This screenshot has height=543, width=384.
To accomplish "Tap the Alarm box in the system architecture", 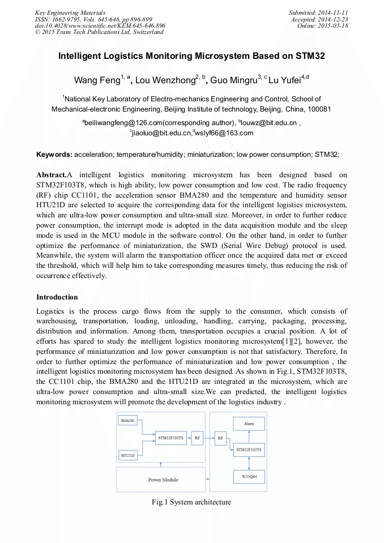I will [x=249, y=424].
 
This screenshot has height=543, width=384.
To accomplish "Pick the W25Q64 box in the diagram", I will [x=249, y=476].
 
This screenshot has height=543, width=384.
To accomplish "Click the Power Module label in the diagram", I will [x=163, y=480].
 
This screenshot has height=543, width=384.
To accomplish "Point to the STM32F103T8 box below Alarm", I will [x=249, y=449].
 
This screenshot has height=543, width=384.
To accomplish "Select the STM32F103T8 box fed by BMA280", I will [x=172, y=438].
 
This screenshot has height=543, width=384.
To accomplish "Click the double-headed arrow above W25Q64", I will [x=249, y=463].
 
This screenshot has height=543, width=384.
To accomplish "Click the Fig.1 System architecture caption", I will [x=191, y=502].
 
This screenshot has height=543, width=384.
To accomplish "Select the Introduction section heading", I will [x=57, y=297].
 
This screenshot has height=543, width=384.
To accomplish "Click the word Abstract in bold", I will [x=51, y=174].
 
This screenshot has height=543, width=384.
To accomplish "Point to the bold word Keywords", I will [x=54, y=154].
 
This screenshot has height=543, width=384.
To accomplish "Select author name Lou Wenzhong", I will [x=164, y=80].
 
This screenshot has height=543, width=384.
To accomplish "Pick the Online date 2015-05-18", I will [x=335, y=26].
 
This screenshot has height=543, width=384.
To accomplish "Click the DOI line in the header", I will [x=100, y=26].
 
